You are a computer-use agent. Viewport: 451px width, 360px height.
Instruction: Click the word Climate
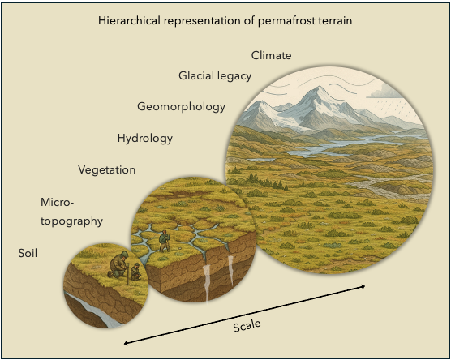(271, 55)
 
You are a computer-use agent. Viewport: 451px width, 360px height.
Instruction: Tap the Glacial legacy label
(215, 76)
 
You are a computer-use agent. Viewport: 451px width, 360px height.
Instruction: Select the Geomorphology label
(181, 107)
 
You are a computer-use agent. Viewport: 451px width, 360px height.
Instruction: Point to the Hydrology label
(145, 139)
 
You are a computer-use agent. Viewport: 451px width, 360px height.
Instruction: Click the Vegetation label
(107, 169)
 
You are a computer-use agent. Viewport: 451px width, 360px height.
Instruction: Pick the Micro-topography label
(71, 212)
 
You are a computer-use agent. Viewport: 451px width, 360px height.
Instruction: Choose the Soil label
(28, 253)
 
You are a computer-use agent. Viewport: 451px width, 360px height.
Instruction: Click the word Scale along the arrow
(247, 325)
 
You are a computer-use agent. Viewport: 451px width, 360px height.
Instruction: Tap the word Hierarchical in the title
(129, 21)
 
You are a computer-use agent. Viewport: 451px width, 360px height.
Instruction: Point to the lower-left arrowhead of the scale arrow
(126, 343)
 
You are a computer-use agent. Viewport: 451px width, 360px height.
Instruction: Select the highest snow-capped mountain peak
(318, 88)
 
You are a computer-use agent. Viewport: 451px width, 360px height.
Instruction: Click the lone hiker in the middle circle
(165, 241)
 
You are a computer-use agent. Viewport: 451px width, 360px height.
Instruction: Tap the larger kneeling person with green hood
(118, 264)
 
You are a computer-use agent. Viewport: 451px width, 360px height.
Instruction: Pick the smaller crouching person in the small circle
(135, 272)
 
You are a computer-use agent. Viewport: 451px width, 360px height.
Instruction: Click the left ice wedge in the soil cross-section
(207, 283)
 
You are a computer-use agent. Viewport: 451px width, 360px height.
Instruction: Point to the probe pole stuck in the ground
(127, 273)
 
